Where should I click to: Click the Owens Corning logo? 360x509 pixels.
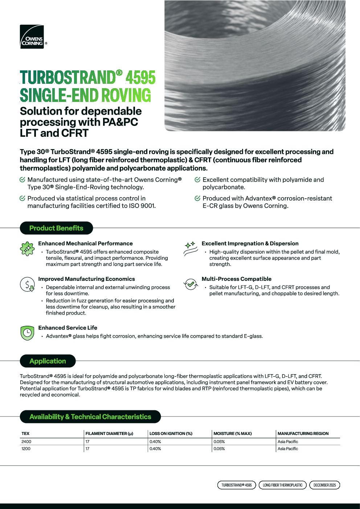[32, 37]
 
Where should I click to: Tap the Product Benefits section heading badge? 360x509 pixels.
[56, 228]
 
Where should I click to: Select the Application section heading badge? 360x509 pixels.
[48, 361]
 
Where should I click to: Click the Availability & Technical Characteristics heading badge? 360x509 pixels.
[90, 417]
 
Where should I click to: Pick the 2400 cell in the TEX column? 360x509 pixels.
[26, 442]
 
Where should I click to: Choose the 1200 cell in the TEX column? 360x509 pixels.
[26, 449]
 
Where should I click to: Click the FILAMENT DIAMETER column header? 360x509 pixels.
[109, 434]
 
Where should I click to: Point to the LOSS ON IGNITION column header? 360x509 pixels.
[171, 434]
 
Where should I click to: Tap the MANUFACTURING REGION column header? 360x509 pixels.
[303, 434]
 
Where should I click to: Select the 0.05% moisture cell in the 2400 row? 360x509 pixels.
[219, 442]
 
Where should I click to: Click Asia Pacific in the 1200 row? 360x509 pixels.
[288, 449]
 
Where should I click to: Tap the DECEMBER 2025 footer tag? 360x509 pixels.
[324, 485]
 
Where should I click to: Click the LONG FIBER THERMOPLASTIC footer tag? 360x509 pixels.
[283, 485]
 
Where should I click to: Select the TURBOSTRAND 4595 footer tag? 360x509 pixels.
[237, 485]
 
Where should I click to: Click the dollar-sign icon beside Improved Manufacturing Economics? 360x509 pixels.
[27, 284]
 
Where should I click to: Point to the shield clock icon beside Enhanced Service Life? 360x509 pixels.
[27, 333]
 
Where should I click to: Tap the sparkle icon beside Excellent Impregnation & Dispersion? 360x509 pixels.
[191, 249]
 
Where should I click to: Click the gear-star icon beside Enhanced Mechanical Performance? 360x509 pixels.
[27, 249]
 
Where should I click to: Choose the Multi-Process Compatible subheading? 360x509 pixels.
[237, 279]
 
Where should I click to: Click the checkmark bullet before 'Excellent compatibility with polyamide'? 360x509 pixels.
[197, 180]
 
